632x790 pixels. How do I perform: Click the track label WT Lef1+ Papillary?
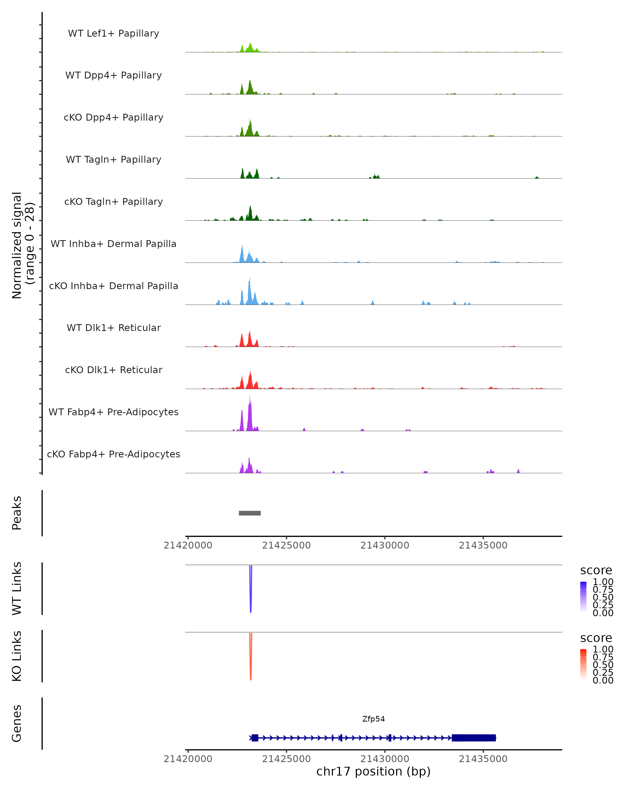(x=113, y=33)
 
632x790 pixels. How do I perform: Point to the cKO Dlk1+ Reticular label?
(x=113, y=370)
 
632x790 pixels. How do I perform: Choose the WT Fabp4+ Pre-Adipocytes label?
(x=113, y=412)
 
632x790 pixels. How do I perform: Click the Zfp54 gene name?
(x=373, y=719)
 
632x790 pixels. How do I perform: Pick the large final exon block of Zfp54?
(x=473, y=738)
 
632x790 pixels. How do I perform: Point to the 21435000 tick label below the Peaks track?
(x=483, y=545)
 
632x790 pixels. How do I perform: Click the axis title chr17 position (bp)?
(x=373, y=771)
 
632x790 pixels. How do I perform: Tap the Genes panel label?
(x=17, y=723)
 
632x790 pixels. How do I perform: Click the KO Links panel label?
(x=17, y=656)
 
